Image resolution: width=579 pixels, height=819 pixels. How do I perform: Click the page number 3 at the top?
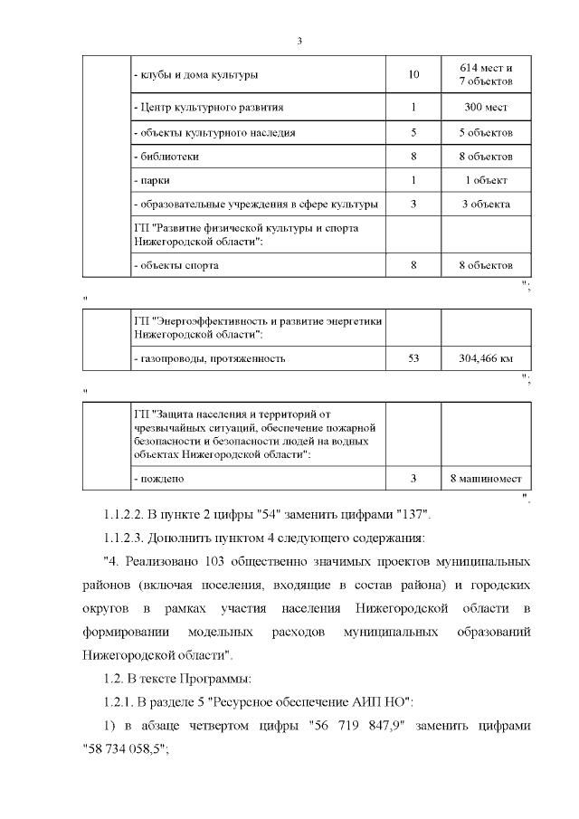299,40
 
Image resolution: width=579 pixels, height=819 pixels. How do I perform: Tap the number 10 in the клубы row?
413,74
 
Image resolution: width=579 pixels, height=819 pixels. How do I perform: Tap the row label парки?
152,180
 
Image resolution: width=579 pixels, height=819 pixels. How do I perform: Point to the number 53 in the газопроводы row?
413,358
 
